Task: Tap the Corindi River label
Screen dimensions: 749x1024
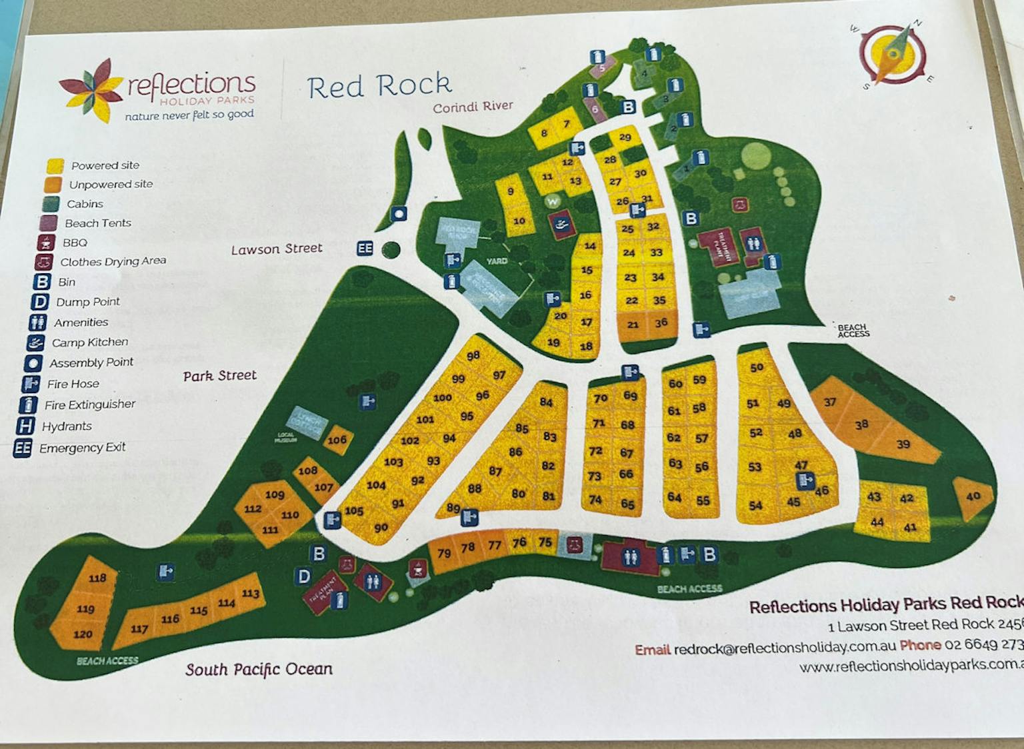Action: [473, 107]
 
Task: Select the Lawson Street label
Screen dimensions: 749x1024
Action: [277, 249]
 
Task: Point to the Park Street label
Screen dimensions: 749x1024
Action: [220, 376]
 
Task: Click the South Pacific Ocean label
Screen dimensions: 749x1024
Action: [259, 669]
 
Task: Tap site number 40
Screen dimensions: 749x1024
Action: [973, 496]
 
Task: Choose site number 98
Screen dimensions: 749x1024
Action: [473, 356]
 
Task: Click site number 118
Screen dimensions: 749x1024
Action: [97, 578]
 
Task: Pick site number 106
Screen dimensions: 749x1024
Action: [337, 440]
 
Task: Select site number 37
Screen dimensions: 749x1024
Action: [829, 402]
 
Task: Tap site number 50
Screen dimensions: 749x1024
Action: [756, 367]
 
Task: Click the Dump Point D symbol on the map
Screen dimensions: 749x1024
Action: [304, 576]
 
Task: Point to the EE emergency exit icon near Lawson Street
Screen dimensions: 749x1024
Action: [365, 249]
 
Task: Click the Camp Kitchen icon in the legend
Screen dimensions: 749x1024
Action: [35, 343]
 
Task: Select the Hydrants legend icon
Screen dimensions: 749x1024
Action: [25, 426]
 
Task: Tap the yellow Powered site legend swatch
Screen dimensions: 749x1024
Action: [55, 165]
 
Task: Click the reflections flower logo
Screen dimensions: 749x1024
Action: [91, 90]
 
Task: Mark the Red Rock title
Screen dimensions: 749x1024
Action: [379, 86]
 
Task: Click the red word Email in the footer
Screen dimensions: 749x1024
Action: [652, 650]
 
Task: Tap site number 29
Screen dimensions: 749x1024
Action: [625, 137]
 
